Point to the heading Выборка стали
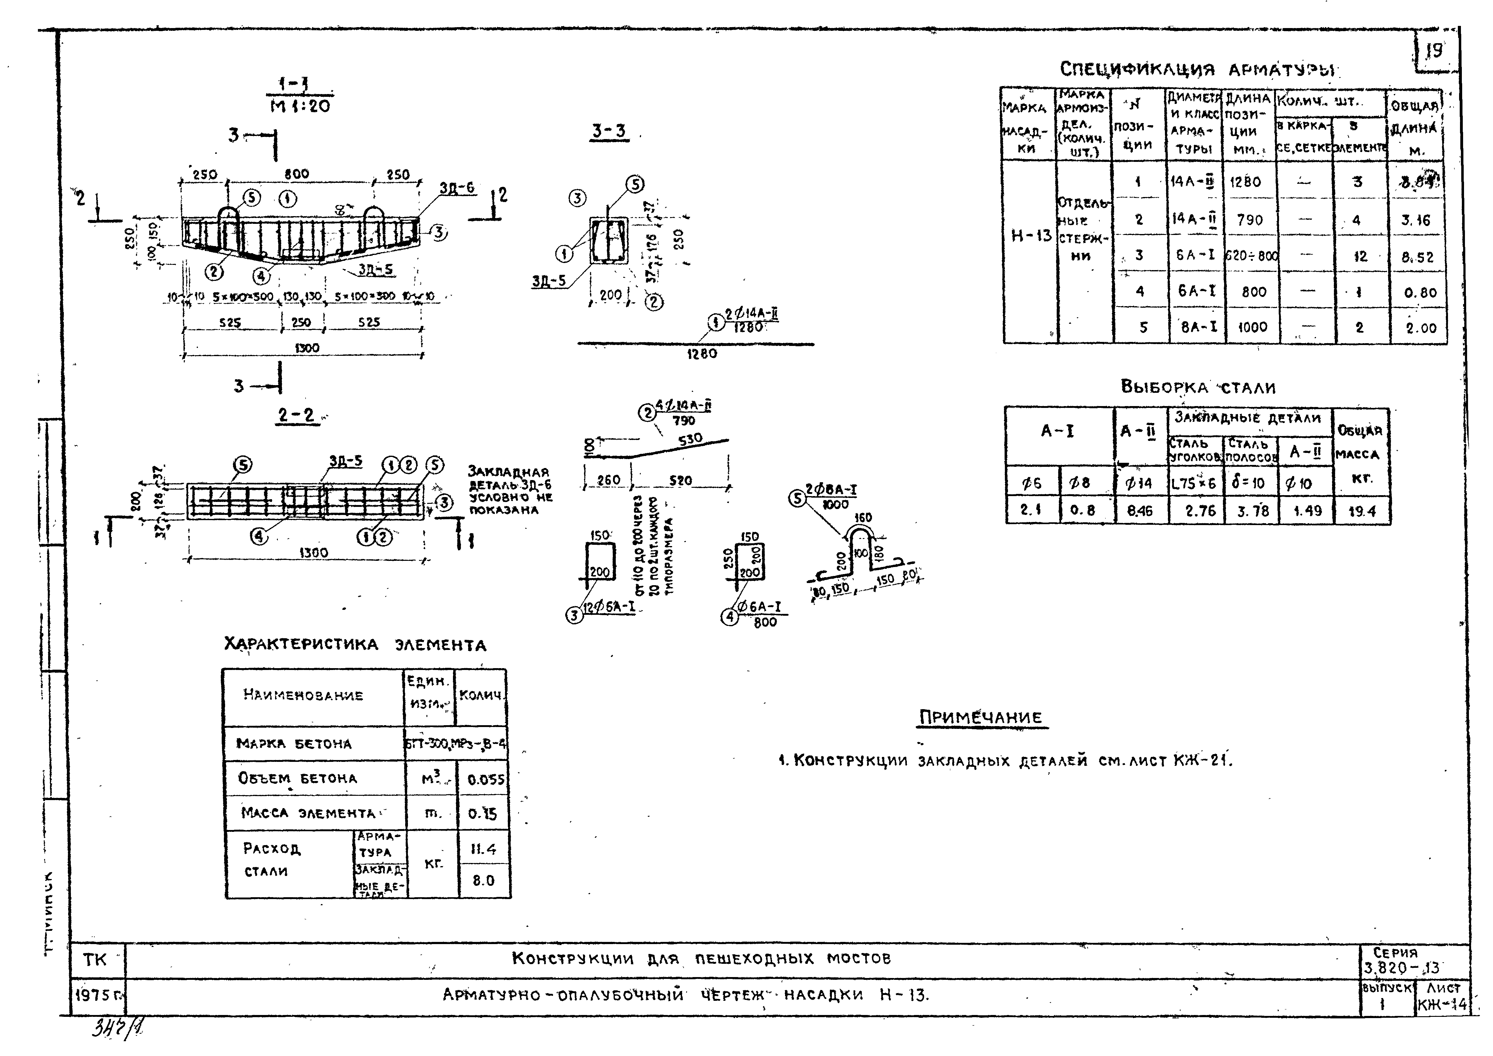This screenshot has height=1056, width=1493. [1198, 388]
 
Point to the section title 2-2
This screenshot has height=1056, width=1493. [296, 415]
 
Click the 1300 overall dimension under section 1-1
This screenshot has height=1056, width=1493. [307, 348]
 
